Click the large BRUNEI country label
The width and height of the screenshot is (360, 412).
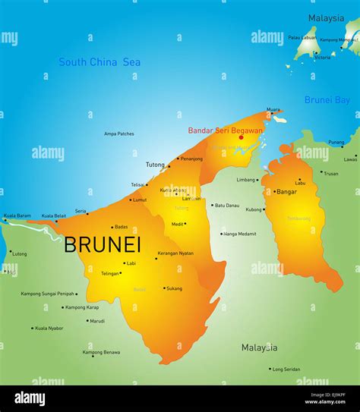click(103, 244)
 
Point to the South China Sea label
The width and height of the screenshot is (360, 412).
click(99, 62)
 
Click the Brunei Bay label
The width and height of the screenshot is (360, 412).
click(327, 99)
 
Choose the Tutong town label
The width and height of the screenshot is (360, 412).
click(155, 164)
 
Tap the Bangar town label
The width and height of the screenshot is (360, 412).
click(286, 192)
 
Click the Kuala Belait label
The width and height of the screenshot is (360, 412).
click(54, 215)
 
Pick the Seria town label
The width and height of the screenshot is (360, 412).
click(80, 211)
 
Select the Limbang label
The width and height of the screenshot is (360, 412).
click(246, 180)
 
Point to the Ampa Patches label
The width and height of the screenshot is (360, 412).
click(119, 134)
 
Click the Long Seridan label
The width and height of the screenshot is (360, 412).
click(286, 369)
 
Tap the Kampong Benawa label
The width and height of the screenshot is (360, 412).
click(101, 352)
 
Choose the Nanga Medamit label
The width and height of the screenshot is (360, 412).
click(238, 234)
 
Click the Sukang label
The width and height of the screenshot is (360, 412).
click(174, 288)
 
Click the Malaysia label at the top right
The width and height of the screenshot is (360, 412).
click(326, 18)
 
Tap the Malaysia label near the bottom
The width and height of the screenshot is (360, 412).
click(260, 348)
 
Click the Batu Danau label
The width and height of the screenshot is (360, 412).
click(226, 205)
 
